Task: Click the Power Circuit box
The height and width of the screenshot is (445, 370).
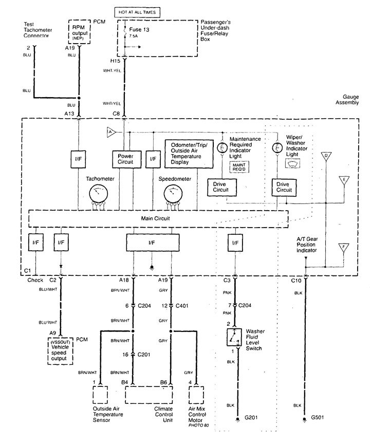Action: tap(125, 159)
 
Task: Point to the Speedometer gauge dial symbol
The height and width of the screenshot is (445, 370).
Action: tap(174, 194)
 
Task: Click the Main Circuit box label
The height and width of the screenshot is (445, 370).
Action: tap(155, 218)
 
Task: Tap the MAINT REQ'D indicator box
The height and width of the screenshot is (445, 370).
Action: tap(240, 167)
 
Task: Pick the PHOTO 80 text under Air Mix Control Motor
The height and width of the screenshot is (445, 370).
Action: tap(198, 425)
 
